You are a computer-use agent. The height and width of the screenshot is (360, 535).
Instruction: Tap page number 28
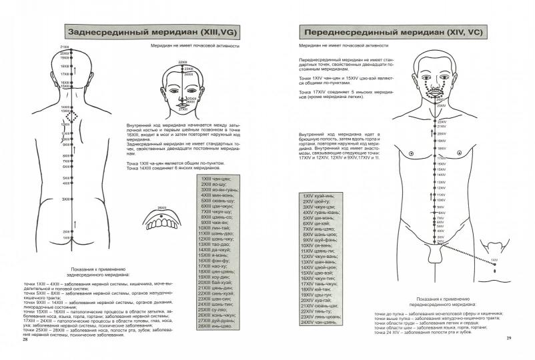click(25, 340)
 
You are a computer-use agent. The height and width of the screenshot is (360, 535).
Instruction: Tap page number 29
click(508, 340)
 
